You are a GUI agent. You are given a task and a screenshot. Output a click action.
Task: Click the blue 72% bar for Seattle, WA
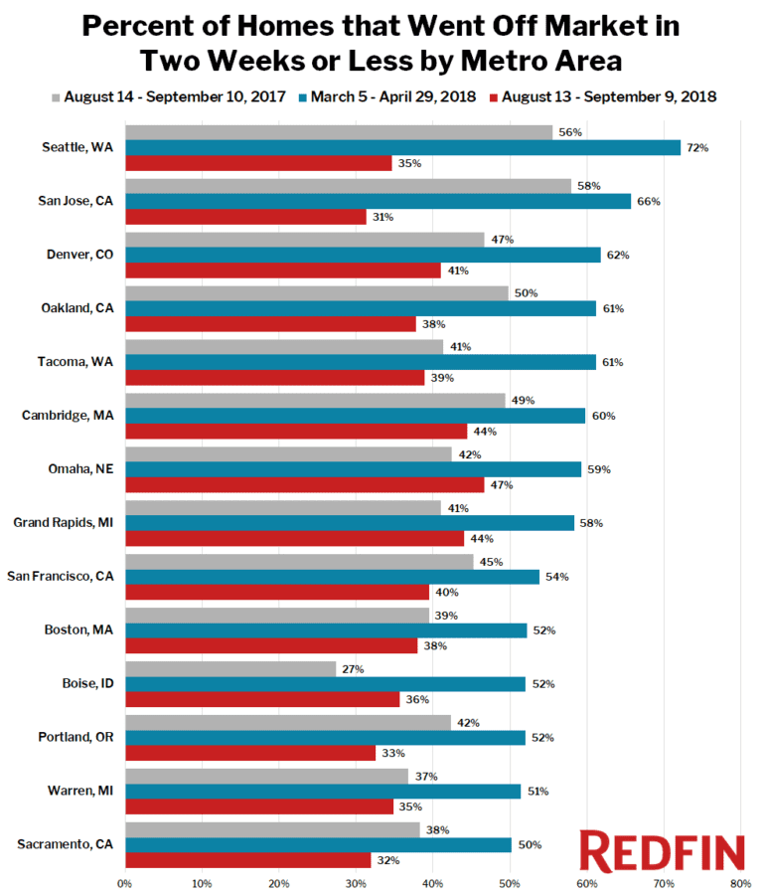point(402,147)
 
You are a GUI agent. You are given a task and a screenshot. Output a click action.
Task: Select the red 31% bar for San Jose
point(245,217)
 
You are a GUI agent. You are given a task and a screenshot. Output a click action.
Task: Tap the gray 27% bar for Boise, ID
point(230,669)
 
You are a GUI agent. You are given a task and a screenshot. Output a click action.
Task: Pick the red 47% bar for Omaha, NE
point(304,485)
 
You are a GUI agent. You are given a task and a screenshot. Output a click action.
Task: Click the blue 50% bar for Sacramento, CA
point(318,844)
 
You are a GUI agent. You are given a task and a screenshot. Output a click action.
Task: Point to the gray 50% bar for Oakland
point(316,292)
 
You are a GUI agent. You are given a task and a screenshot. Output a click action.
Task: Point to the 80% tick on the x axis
point(739,882)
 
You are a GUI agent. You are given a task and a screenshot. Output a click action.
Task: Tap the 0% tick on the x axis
point(124,882)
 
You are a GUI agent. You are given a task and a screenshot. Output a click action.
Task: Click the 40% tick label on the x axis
point(432,882)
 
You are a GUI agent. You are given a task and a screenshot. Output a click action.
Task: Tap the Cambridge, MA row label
point(73,415)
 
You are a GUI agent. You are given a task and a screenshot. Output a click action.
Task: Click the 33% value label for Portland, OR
point(392,754)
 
